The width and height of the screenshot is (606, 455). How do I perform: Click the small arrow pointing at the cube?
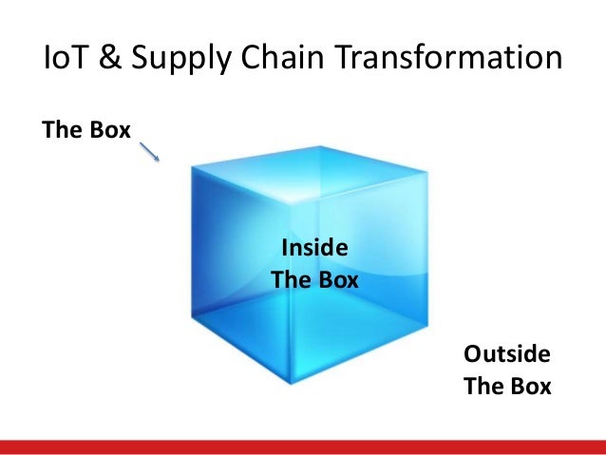pyautogui.click(x=149, y=151)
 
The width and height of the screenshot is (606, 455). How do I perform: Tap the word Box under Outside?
pyautogui.click(x=530, y=388)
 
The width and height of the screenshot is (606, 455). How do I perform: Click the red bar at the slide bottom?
pyautogui.click(x=303, y=447)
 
